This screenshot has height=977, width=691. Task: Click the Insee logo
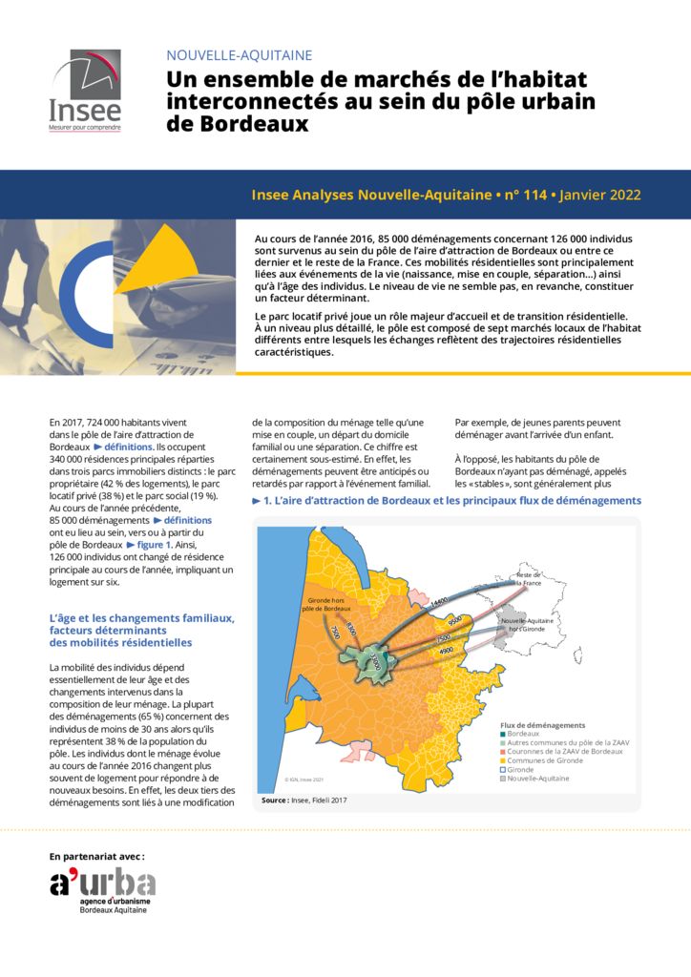(85, 90)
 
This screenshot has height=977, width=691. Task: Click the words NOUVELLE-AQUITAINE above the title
(239, 55)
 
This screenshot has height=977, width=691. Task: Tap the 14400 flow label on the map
(439, 602)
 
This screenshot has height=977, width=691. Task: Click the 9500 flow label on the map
(455, 620)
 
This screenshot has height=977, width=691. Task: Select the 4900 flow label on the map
(446, 651)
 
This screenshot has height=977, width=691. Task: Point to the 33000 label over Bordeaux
(376, 662)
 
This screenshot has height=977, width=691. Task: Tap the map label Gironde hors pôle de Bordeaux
(329, 604)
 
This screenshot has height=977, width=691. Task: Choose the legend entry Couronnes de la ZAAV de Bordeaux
(563, 751)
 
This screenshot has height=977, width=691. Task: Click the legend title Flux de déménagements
(542, 725)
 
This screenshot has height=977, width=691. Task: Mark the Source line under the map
(304, 800)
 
